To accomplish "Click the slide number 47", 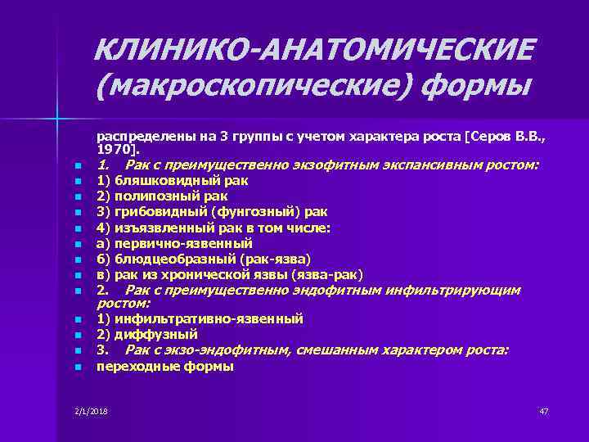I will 544,410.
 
